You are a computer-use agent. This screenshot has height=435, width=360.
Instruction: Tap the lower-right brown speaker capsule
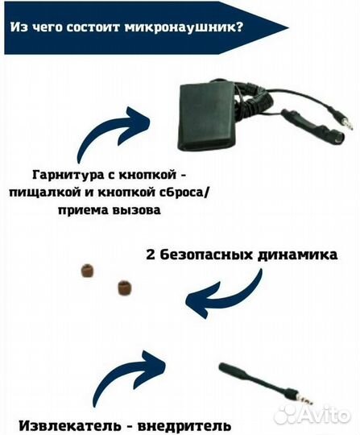124,286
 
